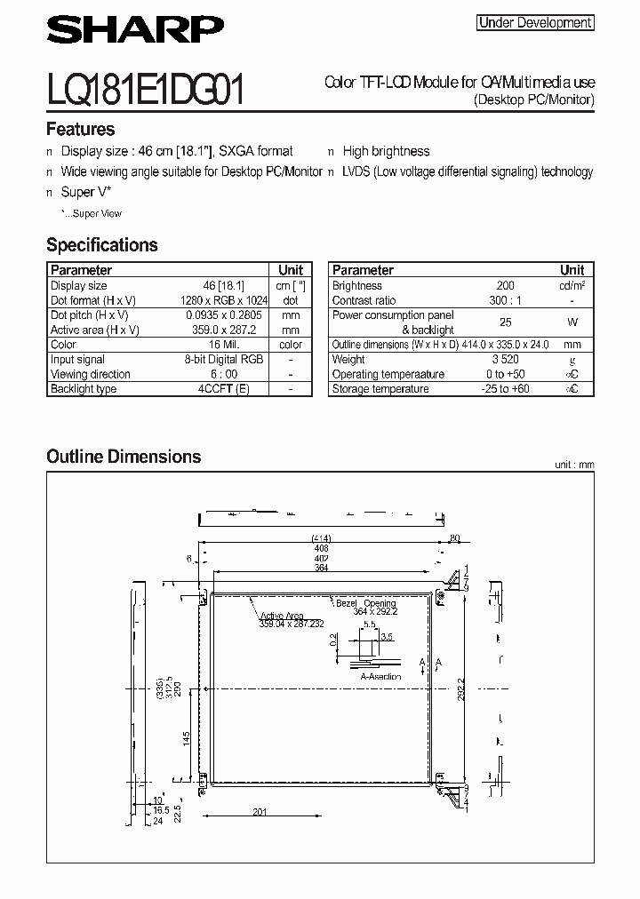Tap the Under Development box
[535, 23]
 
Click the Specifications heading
[101, 245]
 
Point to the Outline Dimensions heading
[124, 457]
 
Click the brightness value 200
[505, 286]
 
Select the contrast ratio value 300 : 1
[505, 300]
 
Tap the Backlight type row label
[84, 389]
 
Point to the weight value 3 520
[505, 360]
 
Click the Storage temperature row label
[380, 389]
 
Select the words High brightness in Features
[386, 152]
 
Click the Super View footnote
[92, 213]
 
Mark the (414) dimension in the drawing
[321, 538]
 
